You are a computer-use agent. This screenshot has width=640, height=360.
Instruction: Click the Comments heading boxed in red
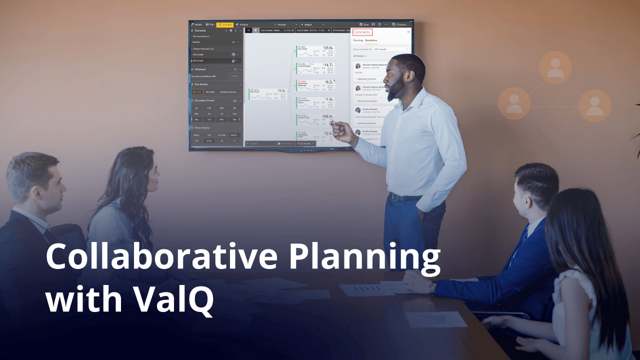coord(361,32)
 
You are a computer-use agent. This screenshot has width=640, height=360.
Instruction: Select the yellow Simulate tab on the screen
coord(225,24)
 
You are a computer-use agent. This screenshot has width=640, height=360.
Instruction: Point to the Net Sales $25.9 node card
coord(315,50)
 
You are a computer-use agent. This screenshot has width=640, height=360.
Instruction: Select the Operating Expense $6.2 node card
coord(315,85)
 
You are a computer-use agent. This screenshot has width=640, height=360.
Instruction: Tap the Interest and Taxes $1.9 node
coord(315,102)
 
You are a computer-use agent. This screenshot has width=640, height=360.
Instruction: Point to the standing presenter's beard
coord(396,91)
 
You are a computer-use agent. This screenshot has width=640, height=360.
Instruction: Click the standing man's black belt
coord(405,197)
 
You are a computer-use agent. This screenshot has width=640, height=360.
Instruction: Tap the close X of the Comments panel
coord(408,32)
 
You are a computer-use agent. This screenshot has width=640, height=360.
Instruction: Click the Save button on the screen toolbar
coord(364,24)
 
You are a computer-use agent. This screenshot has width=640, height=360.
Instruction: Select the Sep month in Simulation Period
coord(196,119)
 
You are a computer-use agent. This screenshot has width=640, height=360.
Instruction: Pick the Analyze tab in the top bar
coord(242,24)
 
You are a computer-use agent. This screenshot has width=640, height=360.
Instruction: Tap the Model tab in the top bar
coord(196,24)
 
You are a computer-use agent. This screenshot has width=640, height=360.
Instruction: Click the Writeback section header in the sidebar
coord(200,69)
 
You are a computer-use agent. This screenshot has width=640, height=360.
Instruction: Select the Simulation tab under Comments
coord(371,40)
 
